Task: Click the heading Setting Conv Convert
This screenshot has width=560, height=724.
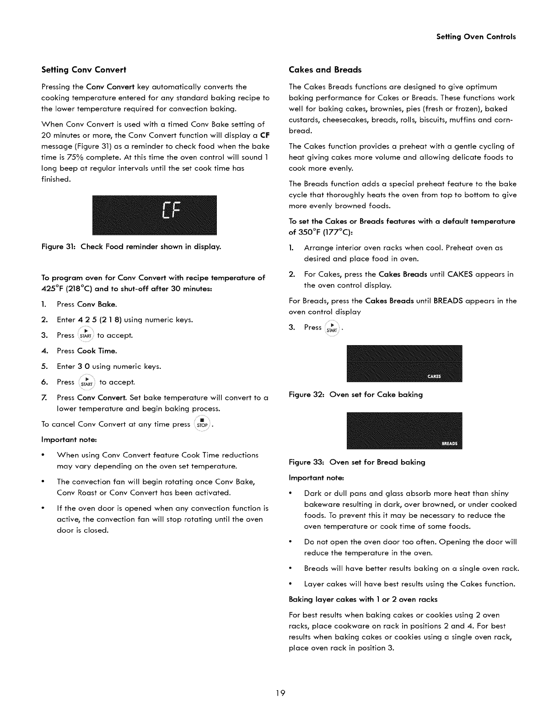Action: pyautogui.click(x=83, y=70)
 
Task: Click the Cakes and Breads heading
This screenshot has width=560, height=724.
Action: pyautogui.click(x=325, y=70)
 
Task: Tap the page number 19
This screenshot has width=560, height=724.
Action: pyautogui.click(x=280, y=693)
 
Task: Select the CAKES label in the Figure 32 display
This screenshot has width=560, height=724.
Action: pyautogui.click(x=434, y=377)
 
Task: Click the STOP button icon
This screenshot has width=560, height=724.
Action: pyautogui.click(x=202, y=424)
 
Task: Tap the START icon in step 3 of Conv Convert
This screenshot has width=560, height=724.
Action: pyautogui.click(x=86, y=335)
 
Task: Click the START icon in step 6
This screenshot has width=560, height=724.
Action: pyautogui.click(x=86, y=382)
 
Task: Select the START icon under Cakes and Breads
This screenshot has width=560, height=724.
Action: pyautogui.click(x=333, y=328)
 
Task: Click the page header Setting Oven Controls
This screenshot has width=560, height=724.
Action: pyautogui.click(x=476, y=37)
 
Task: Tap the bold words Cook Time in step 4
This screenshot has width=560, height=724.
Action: pyautogui.click(x=97, y=351)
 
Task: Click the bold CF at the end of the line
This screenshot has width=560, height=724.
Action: pyautogui.click(x=264, y=135)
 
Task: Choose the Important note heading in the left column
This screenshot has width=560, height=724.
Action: pyautogui.click(x=69, y=440)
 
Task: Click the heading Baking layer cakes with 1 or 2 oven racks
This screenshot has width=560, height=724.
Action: pyautogui.click(x=363, y=599)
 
